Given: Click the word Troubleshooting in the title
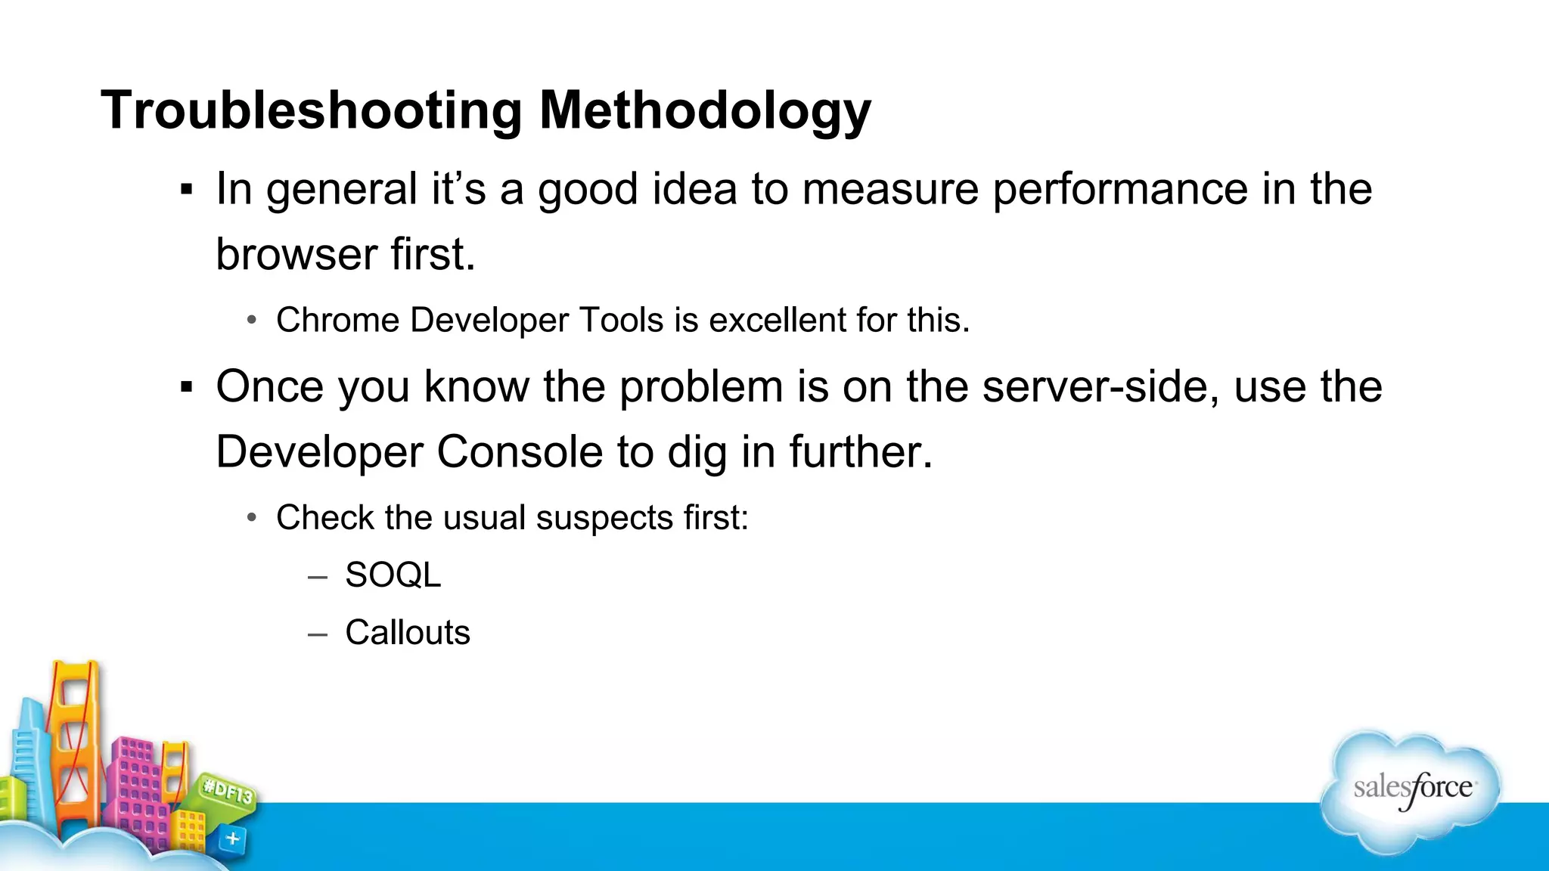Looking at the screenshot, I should pyautogui.click(x=310, y=111).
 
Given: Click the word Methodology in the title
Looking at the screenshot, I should pyautogui.click(x=705, y=111).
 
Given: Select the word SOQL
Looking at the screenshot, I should pyautogui.click(x=393, y=575).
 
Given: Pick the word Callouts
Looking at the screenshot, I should pyautogui.click(x=408, y=632).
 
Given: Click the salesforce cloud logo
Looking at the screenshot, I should pyautogui.click(x=1411, y=790).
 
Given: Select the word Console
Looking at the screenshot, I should pyautogui.click(x=520, y=452).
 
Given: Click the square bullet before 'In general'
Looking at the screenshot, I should pyautogui.click(x=187, y=190).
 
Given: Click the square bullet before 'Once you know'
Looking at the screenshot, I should pyautogui.click(x=187, y=388).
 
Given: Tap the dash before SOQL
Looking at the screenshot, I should pyautogui.click(x=318, y=577).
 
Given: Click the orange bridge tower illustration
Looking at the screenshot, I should pyautogui.click(x=74, y=741).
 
